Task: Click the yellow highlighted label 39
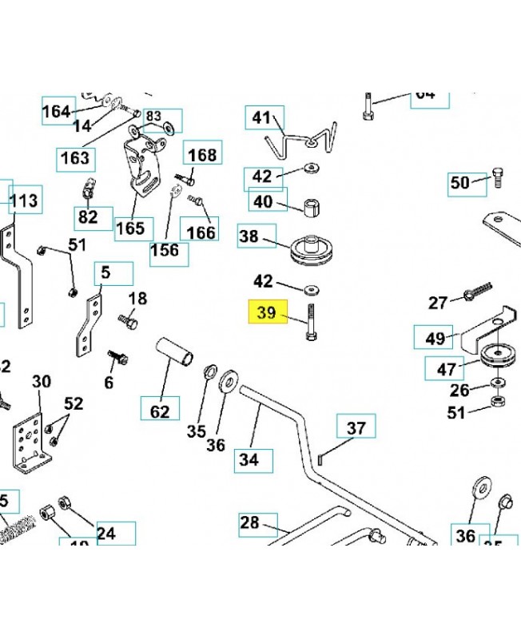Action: coord(267,314)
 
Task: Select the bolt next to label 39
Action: coord(310,323)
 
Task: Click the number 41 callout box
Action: coord(262,119)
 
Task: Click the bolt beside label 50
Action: coord(497,177)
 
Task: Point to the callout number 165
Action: coord(129,228)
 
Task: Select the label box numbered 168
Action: coord(201,154)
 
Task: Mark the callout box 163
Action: coord(75,158)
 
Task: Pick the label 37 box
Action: coord(356,427)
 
